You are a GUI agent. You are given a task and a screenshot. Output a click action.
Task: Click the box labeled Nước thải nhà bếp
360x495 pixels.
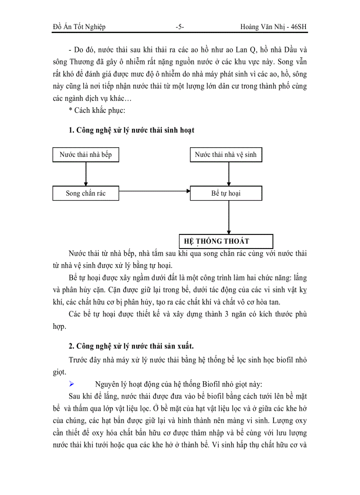click(x=86, y=155)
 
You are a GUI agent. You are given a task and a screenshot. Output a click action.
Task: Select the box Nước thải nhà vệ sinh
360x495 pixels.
click(x=225, y=155)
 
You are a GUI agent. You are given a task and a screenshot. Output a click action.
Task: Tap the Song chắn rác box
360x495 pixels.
click(x=86, y=193)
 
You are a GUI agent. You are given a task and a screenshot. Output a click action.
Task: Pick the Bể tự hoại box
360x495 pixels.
click(x=225, y=193)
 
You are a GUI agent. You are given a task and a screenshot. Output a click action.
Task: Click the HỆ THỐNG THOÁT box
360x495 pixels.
click(x=225, y=241)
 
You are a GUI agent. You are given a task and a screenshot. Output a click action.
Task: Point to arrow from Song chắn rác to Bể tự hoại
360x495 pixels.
click(x=154, y=191)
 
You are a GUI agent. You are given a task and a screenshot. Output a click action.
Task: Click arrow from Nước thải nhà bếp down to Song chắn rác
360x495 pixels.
click(x=86, y=174)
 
